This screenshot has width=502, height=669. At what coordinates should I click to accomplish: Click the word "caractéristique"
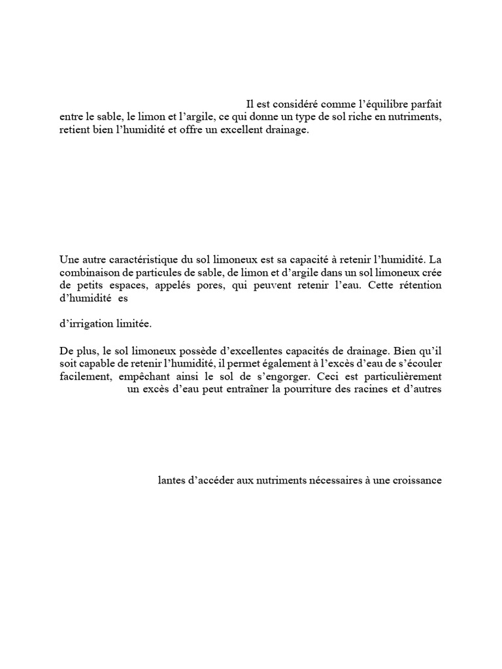(x=146, y=258)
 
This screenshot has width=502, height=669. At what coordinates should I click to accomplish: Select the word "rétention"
(x=417, y=286)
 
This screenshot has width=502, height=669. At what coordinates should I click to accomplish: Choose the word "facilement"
(x=83, y=377)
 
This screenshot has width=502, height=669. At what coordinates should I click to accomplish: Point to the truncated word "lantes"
(x=171, y=480)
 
